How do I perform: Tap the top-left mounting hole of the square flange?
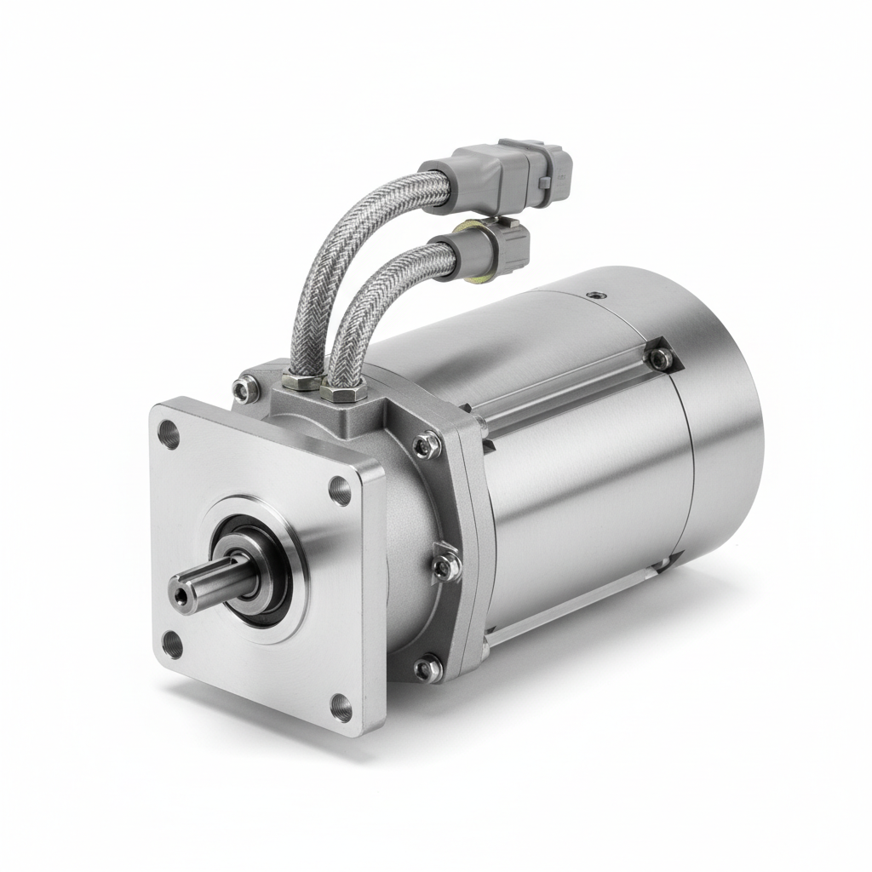[169, 435]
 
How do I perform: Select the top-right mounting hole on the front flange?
[340, 490]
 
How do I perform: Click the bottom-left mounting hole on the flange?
[172, 645]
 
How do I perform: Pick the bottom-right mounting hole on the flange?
[341, 707]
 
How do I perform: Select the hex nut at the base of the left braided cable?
[302, 380]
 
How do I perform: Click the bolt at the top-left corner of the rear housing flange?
[245, 389]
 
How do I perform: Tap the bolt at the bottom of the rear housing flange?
[427, 668]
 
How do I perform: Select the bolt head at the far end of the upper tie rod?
[660, 359]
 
